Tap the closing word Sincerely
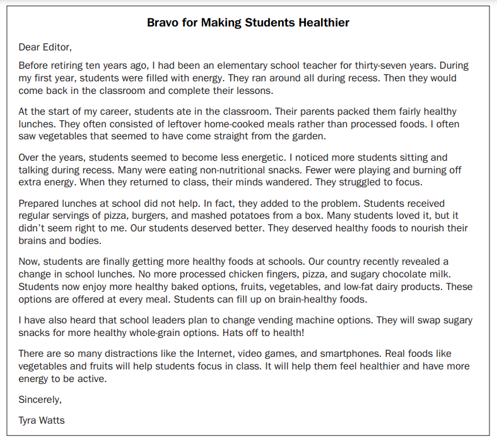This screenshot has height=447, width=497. [x=40, y=399]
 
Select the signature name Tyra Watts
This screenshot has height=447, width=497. [x=42, y=420]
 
